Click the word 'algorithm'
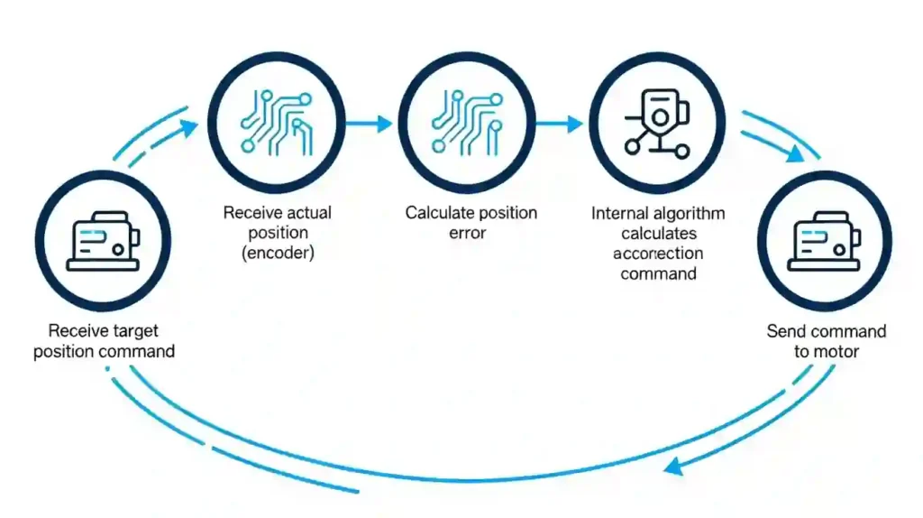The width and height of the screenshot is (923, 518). [x=690, y=214]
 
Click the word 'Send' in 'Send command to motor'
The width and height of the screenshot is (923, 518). [x=786, y=331]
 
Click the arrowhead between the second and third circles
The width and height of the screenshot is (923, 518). [x=384, y=123]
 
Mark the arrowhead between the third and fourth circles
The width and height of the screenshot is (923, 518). [x=574, y=123]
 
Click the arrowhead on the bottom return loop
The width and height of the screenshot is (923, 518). [x=670, y=466]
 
